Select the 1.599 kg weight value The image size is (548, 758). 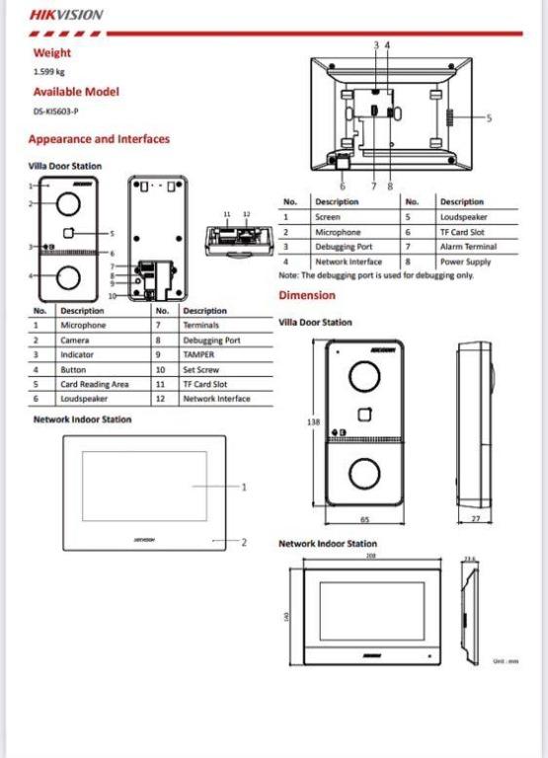click(x=49, y=72)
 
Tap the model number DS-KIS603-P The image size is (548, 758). click(x=57, y=112)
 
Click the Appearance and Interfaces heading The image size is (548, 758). click(x=99, y=139)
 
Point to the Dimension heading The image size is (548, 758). click(x=307, y=295)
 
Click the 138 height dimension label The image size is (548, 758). click(x=314, y=421)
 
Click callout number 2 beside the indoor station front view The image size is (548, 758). click(x=244, y=542)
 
